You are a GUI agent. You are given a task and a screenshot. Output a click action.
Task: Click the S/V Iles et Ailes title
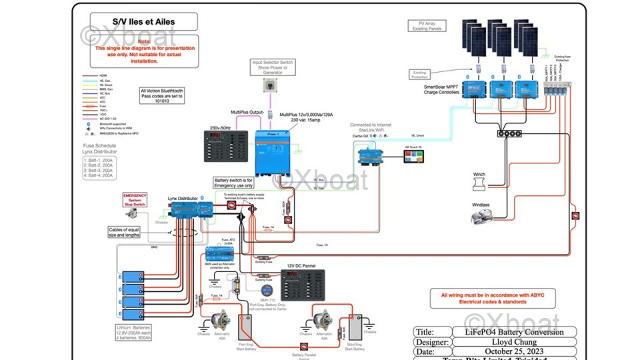pyautogui.click(x=139, y=21)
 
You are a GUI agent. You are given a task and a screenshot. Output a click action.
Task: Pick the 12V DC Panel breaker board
pyautogui.click(x=303, y=285)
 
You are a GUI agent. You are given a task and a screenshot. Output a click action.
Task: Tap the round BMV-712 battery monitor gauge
pyautogui.click(x=266, y=291)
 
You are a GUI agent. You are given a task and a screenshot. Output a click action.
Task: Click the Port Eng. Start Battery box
pyautogui.click(x=245, y=327)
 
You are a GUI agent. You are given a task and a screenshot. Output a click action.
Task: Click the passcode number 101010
pyautogui.click(x=162, y=102)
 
